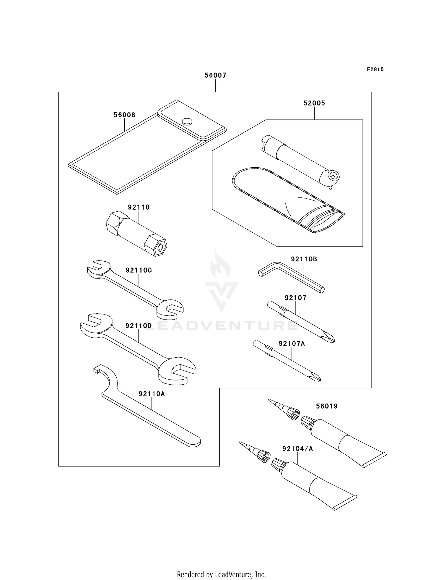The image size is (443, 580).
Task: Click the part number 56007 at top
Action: tap(215, 75)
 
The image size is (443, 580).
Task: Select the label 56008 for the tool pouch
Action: tap(124, 115)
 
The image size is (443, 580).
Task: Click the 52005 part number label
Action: tap(314, 103)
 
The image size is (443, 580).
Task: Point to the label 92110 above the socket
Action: tap(139, 207)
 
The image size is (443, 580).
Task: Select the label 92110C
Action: tap(139, 270)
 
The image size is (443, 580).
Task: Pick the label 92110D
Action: tap(139, 326)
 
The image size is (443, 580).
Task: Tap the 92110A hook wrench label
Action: tap(152, 394)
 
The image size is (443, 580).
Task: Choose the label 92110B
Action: tap(304, 259)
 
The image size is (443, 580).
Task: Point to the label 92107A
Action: tap(292, 344)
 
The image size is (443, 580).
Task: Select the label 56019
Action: tap(327, 406)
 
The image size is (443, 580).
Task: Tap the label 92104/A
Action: tap(297, 449)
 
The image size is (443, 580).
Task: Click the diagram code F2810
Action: tap(375, 69)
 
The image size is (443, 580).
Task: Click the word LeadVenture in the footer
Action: tap(233, 575)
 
